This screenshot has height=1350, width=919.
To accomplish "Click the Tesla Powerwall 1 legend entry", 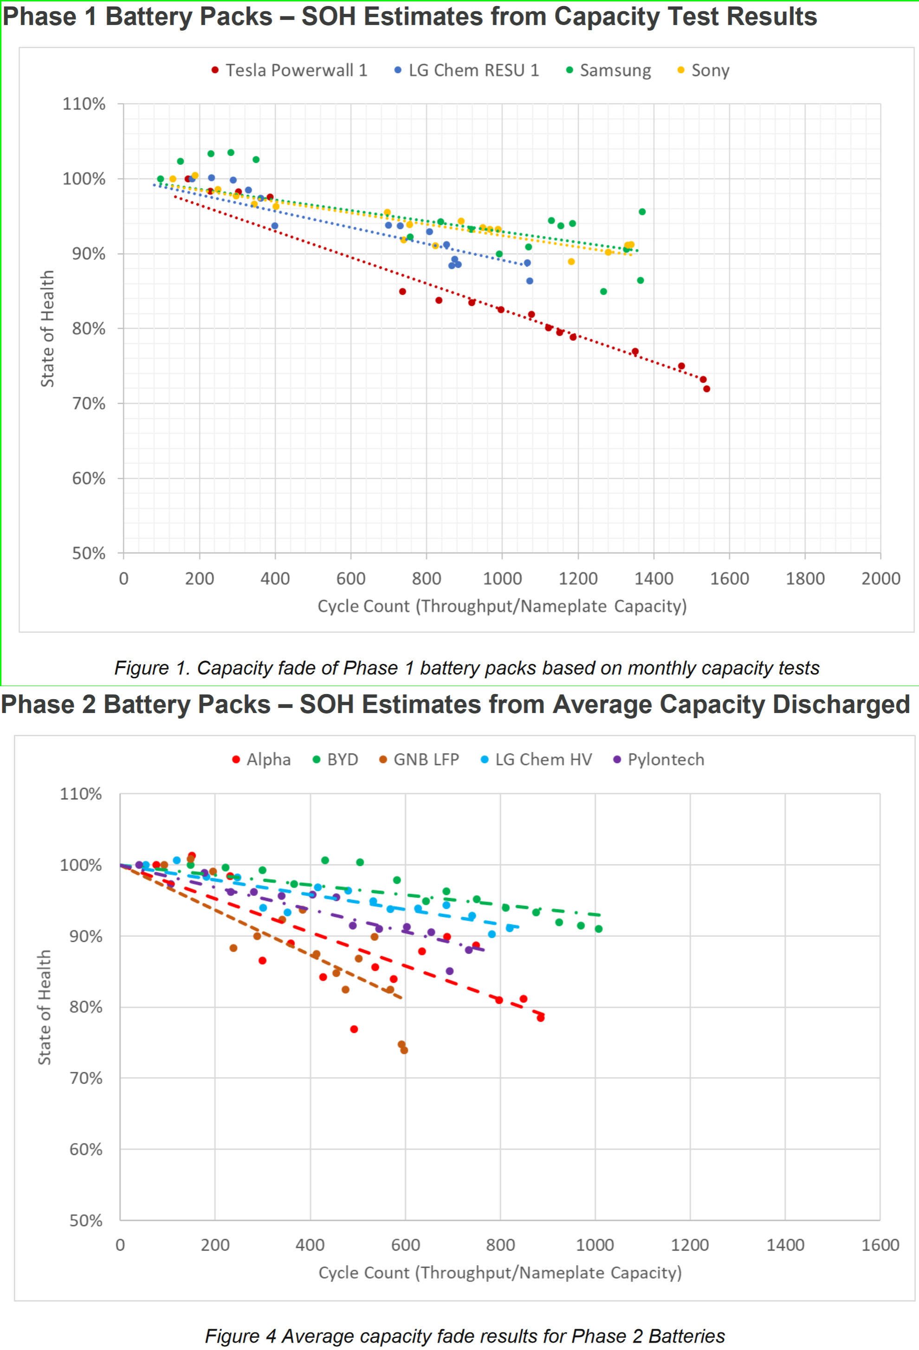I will [x=289, y=70].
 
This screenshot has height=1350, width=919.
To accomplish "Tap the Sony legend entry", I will [x=704, y=70].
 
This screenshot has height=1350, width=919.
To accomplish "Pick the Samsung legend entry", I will [x=609, y=70].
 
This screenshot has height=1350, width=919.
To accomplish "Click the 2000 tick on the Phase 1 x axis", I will [x=880, y=578].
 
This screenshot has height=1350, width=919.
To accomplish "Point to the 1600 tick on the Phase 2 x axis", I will [x=880, y=1245].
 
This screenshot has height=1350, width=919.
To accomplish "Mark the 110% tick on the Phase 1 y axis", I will [x=84, y=104].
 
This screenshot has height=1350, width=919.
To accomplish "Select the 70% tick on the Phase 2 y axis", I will [x=86, y=1078].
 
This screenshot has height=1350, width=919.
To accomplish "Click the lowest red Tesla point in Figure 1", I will [x=706, y=389].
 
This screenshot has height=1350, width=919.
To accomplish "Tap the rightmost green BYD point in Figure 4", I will [x=598, y=929].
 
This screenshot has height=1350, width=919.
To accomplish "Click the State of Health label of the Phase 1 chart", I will [x=47, y=328].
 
